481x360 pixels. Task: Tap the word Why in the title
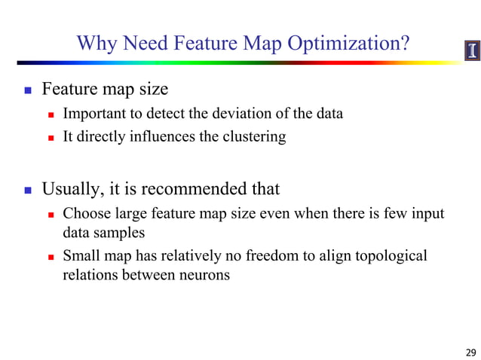pos(96,43)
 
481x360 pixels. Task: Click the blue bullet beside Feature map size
pos(28,90)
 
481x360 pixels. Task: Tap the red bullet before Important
pos(51,115)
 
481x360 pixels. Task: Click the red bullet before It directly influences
pos(51,139)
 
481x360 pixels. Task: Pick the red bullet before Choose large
pos(51,215)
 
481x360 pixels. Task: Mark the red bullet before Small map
pos(51,257)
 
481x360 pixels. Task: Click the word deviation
pos(227,114)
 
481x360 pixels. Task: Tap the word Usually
pos(72,188)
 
